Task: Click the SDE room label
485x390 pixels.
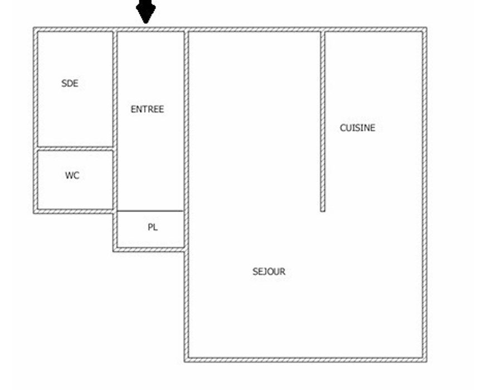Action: point(70,83)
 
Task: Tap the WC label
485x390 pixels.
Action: point(72,176)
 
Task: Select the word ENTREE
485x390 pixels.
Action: point(147,109)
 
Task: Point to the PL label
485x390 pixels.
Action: point(153,227)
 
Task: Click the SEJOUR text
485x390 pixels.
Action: point(269,272)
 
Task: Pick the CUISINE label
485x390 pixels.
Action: point(357,128)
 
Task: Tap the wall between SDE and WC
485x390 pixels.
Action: point(75,148)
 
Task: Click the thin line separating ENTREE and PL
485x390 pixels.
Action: point(151,211)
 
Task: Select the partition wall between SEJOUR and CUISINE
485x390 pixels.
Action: point(322,121)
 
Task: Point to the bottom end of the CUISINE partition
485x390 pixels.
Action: point(322,211)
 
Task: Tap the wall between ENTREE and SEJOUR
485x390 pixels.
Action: point(186,139)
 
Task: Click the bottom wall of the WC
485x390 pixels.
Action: point(73,211)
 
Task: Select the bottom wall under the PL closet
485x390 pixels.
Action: point(149,249)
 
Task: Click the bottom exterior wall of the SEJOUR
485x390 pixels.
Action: point(305,360)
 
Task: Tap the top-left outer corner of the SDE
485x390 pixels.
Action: point(33,27)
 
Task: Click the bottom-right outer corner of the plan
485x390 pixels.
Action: point(427,362)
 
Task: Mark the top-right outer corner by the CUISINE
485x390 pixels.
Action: point(427,27)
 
